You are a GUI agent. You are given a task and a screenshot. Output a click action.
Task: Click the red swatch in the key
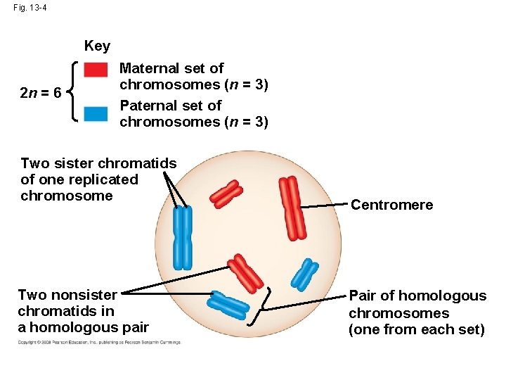click(x=96, y=70)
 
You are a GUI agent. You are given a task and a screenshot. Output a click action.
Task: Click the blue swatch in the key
click(x=96, y=113)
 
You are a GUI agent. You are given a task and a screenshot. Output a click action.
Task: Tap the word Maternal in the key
click(x=150, y=68)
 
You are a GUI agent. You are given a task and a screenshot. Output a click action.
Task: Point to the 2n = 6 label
click(x=41, y=93)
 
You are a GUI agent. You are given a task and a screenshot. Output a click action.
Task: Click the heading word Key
click(x=97, y=46)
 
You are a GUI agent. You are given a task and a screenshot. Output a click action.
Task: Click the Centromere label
click(x=391, y=205)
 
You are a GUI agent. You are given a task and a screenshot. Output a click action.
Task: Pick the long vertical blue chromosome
click(x=183, y=237)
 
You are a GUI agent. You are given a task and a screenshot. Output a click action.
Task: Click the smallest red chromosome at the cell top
click(x=229, y=194)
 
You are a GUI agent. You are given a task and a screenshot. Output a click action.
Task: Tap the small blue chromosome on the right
click(x=305, y=274)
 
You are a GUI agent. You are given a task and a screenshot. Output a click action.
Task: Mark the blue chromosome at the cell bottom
click(x=228, y=305)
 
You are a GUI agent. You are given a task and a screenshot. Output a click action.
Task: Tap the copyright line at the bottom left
click(x=98, y=343)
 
